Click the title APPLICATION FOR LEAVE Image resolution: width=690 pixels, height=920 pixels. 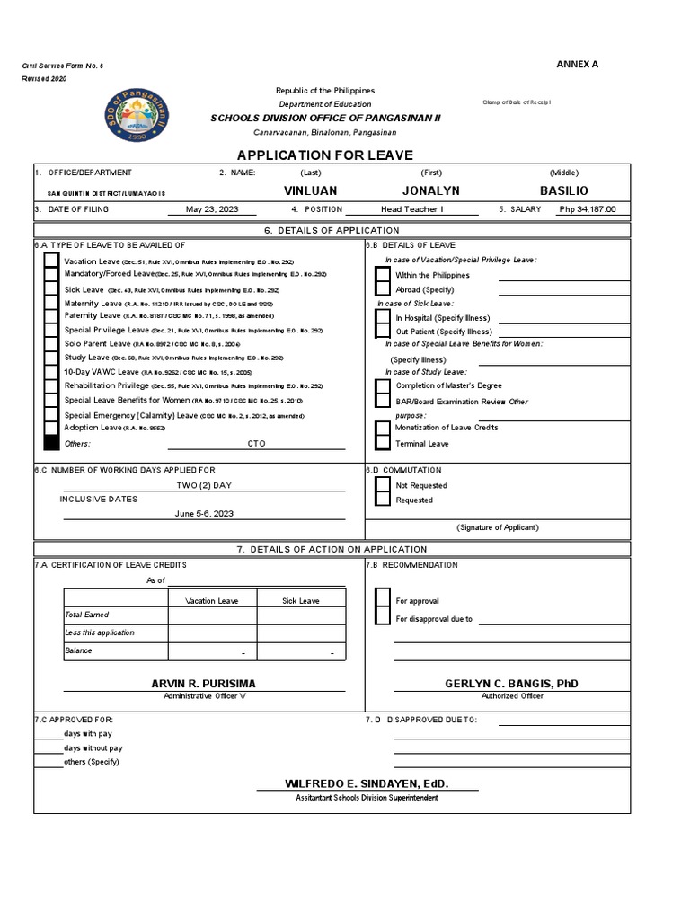pos(345,154)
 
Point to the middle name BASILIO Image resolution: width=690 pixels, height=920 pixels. pos(564,191)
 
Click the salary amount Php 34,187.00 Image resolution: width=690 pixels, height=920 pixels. pos(587,209)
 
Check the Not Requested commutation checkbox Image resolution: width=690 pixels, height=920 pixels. pos(383,485)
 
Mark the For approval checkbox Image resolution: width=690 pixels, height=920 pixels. pos(383,600)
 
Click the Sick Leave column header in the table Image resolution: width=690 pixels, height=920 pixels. pos(300,600)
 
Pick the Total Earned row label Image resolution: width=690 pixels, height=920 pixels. pos(86,615)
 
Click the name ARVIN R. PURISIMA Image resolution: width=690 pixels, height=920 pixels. pos(204,684)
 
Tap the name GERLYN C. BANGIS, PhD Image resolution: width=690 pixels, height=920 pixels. pos(512,684)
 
